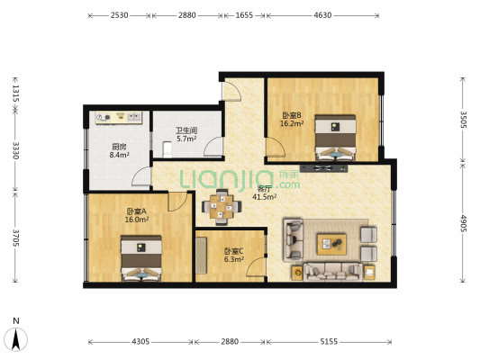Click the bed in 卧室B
335,138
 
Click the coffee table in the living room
334,241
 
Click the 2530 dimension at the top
120,16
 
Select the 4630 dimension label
323,16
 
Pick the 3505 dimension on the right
463,121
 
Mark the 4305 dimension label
140,342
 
